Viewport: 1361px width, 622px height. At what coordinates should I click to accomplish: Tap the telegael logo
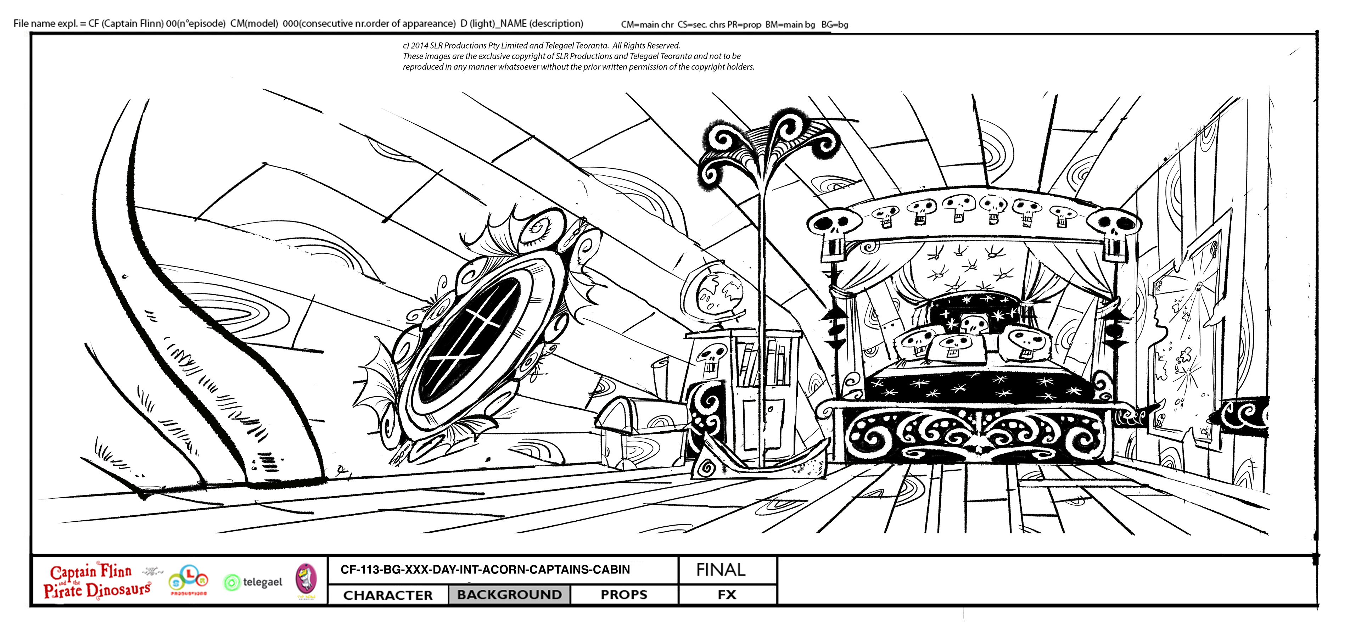click(x=254, y=582)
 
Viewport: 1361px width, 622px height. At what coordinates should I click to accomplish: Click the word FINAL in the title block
click(x=721, y=570)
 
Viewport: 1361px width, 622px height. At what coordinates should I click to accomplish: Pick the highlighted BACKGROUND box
click(x=509, y=594)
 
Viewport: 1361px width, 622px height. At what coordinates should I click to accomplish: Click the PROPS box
click(x=623, y=594)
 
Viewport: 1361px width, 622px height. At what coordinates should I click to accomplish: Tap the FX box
click(x=727, y=594)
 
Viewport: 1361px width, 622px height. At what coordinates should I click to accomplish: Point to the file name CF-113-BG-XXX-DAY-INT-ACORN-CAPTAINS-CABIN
click(x=485, y=570)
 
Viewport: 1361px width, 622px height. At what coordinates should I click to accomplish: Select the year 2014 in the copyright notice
click(x=420, y=45)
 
